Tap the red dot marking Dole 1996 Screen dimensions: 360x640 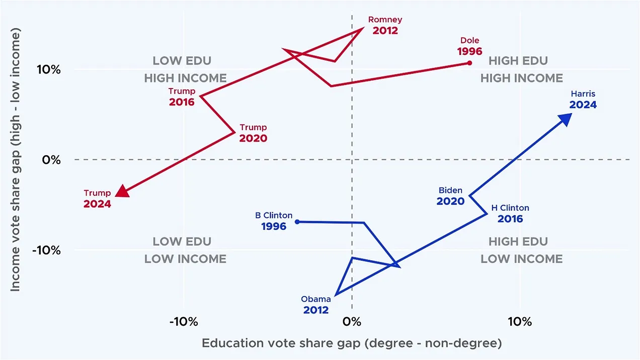pyautogui.click(x=469, y=63)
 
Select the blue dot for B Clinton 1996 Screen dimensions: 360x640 pyautogui.click(x=297, y=222)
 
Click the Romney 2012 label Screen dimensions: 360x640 pyautogui.click(x=385, y=25)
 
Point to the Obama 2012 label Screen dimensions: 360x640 pyautogui.click(x=316, y=305)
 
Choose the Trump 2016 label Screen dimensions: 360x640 pyautogui.click(x=182, y=97)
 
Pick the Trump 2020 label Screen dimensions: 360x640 pyautogui.click(x=253, y=133)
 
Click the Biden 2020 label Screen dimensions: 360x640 pyautogui.click(x=450, y=196)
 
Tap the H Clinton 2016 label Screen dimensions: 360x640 pyautogui.click(x=510, y=213)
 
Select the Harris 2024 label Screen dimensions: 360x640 pyautogui.click(x=583, y=99)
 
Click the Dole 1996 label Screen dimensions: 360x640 pyautogui.click(x=469, y=46)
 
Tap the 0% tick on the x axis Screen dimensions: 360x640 pyautogui.click(x=352, y=322)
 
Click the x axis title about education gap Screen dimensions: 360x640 pyautogui.click(x=352, y=343)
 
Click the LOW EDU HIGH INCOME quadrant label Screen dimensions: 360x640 pyautogui.click(x=185, y=69)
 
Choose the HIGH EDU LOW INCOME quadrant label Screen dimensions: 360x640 pyautogui.click(x=521, y=250)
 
